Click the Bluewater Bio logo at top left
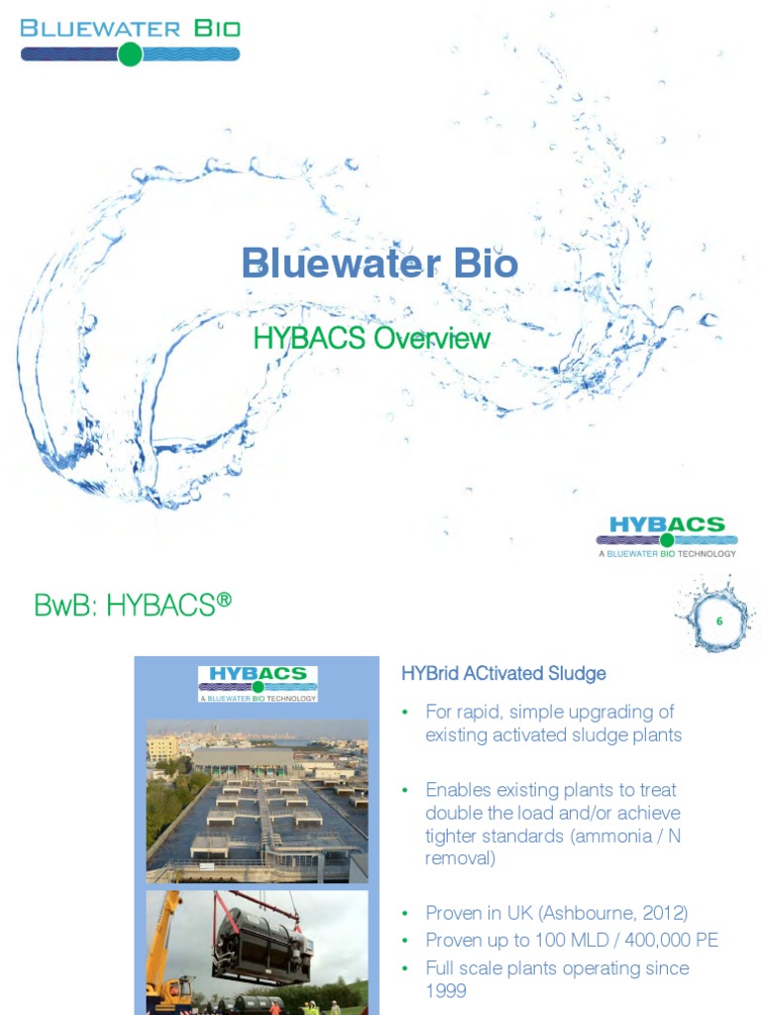(x=130, y=40)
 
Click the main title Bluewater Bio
(x=380, y=265)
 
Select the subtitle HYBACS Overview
(x=372, y=338)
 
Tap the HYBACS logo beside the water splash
(x=667, y=535)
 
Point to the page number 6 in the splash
(x=719, y=620)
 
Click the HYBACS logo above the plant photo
(x=258, y=683)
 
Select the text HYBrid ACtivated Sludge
(x=502, y=674)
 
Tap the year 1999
(x=446, y=991)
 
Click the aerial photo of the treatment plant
(x=257, y=801)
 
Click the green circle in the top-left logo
(x=130, y=55)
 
